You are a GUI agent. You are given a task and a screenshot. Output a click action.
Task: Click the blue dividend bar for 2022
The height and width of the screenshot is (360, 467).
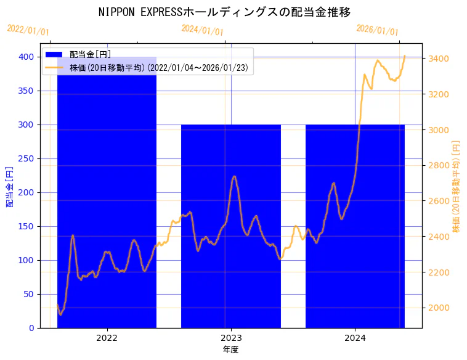tap(107, 197)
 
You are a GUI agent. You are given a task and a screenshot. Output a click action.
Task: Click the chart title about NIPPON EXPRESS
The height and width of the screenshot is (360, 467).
tap(225, 12)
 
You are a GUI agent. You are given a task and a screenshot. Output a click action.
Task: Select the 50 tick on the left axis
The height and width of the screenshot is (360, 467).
tap(29, 294)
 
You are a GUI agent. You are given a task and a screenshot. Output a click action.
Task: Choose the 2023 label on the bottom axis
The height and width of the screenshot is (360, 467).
tap(231, 338)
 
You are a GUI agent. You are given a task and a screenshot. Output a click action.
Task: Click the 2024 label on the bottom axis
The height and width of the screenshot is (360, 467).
tap(355, 338)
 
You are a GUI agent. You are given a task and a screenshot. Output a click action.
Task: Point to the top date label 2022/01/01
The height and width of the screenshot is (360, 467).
tap(28, 30)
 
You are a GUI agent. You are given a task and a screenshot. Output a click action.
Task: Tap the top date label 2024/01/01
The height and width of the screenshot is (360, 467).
tap(203, 30)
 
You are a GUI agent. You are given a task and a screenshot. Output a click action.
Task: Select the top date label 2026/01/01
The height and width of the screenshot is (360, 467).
tap(378, 30)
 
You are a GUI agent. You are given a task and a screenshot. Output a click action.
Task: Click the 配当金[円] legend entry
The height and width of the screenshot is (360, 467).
tap(90, 55)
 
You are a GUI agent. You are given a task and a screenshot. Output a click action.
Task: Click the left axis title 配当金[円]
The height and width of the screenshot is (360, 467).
tap(9, 187)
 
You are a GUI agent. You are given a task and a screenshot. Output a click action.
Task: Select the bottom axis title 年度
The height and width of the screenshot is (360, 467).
tap(231, 350)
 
